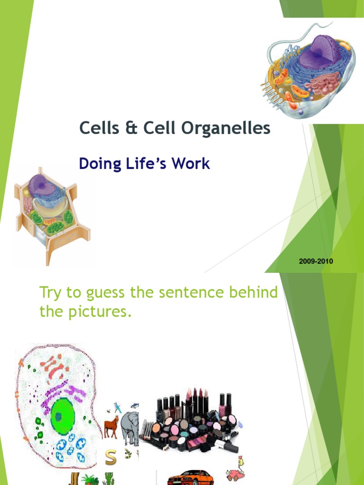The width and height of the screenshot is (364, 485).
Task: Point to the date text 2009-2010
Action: tap(316, 261)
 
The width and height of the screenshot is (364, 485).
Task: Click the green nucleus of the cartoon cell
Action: tap(62, 415)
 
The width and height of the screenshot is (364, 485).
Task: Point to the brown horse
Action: tap(110, 426)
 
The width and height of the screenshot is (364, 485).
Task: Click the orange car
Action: tap(190, 477)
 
